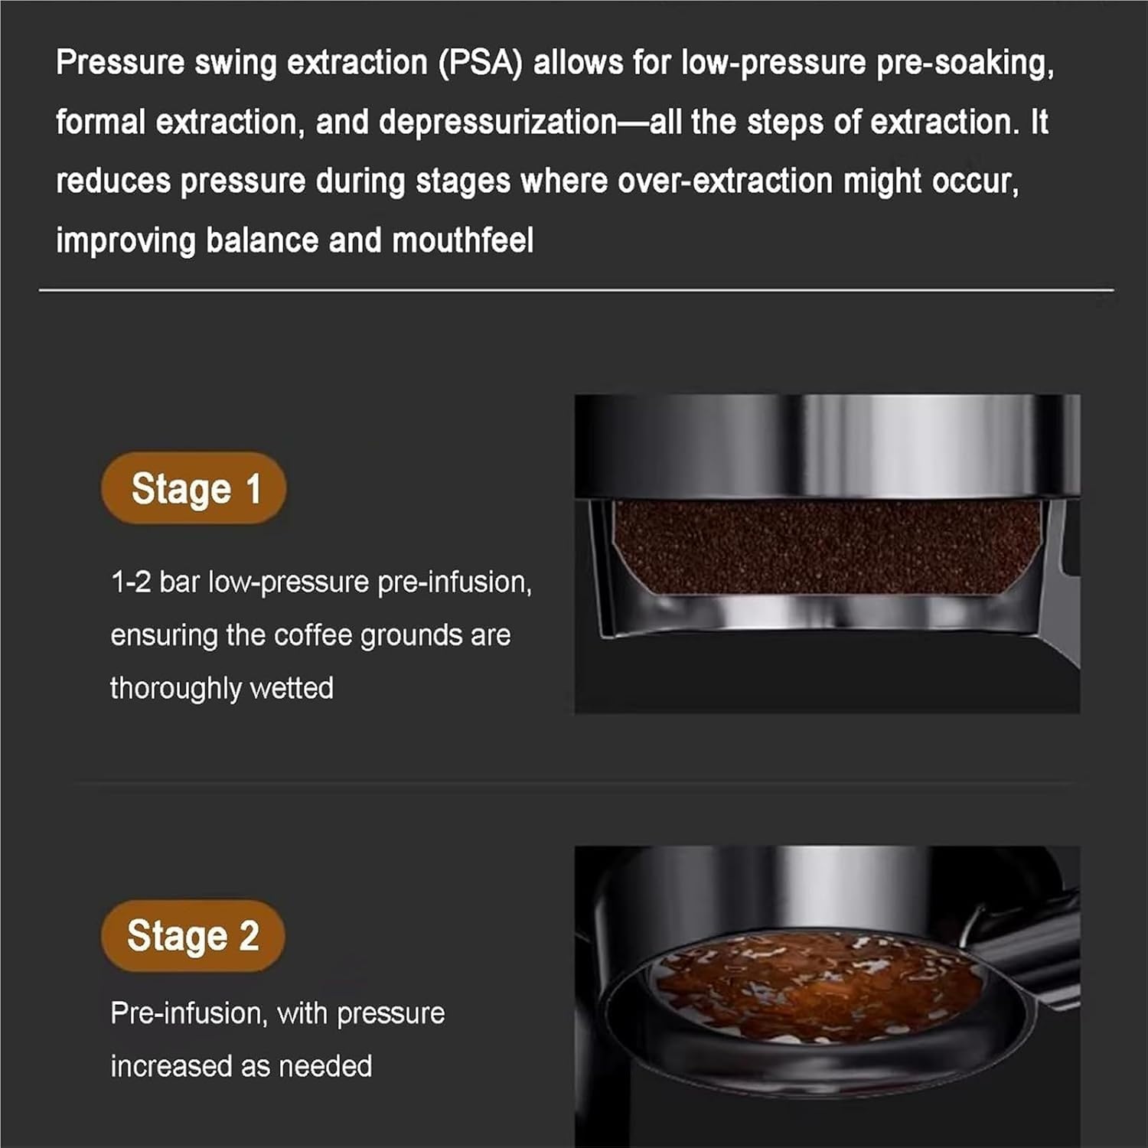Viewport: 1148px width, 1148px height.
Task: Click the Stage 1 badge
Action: point(194,488)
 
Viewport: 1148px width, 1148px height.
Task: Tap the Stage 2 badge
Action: point(193,936)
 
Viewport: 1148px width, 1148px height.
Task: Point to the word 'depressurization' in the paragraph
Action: point(497,122)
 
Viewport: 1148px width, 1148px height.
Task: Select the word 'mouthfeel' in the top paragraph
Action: point(462,240)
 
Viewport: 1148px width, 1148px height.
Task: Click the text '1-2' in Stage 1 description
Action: point(131,582)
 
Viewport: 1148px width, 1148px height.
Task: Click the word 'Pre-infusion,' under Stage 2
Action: point(189,1013)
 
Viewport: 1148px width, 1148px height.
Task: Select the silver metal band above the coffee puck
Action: point(827,446)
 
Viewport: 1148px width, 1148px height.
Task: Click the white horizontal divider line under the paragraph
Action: point(576,290)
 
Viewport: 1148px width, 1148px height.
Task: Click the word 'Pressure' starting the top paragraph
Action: point(120,63)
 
